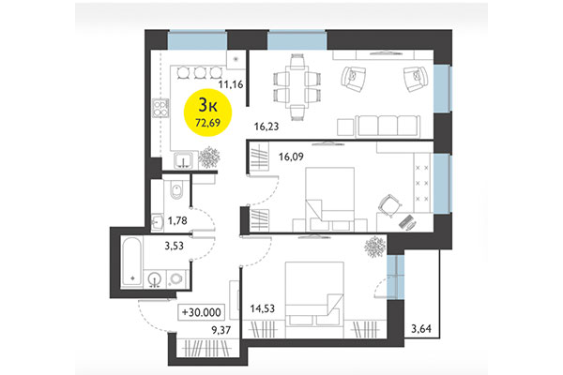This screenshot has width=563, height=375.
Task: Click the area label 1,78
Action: point(178,221)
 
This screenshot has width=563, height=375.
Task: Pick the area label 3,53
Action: point(173,247)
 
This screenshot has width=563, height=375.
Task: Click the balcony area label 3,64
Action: point(423,327)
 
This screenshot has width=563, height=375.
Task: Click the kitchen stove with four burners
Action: point(160,108)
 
